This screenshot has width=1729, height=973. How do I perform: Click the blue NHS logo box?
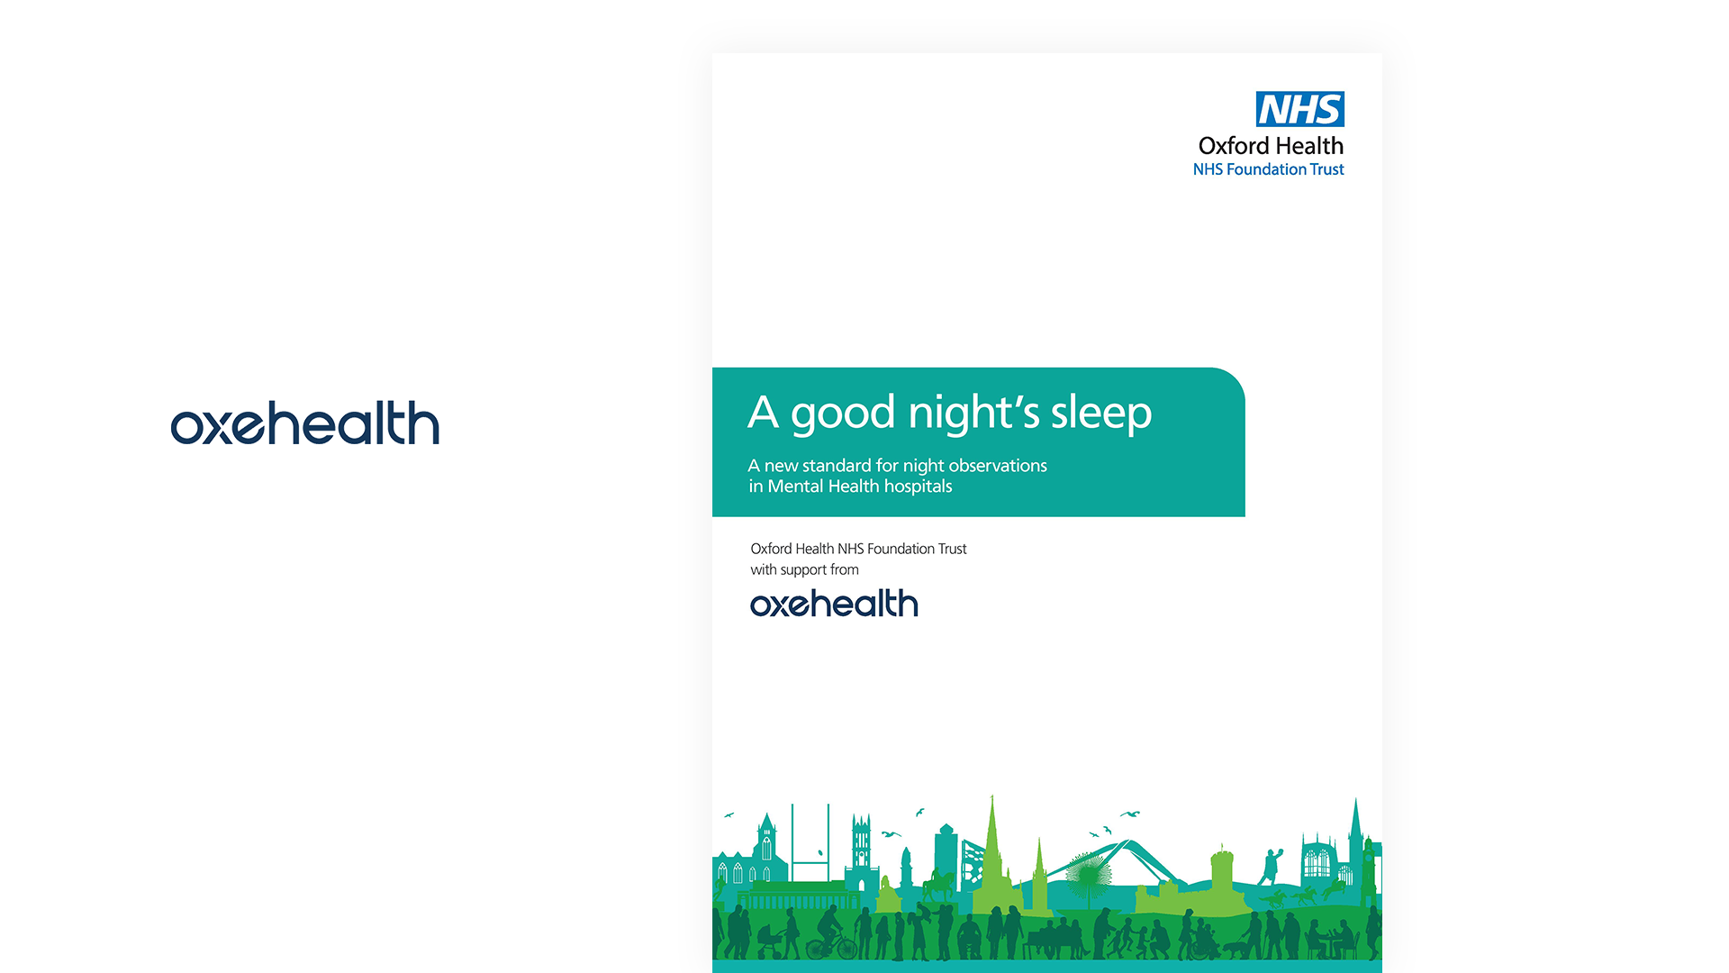(x=1299, y=109)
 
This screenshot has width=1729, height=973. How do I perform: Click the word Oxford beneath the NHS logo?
(x=1234, y=146)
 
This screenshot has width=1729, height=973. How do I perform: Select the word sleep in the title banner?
(x=1101, y=414)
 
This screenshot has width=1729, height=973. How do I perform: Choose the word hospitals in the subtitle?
(x=918, y=486)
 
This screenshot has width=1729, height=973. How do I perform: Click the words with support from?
(x=804, y=569)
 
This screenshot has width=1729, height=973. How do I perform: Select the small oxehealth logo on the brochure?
(x=834, y=604)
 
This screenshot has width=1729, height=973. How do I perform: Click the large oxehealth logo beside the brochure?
(x=305, y=423)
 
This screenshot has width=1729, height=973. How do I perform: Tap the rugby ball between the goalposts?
(x=819, y=852)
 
